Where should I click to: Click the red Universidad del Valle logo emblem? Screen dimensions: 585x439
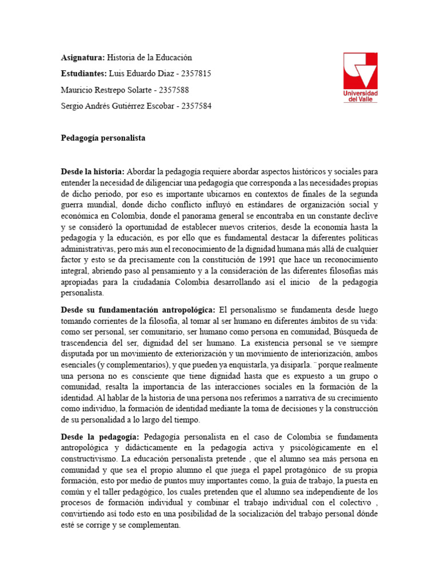coord(360,70)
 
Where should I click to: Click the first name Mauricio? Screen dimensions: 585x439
coord(78,90)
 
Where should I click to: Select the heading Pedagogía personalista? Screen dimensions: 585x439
coord(103,138)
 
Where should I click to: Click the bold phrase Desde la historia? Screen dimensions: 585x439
coord(93,171)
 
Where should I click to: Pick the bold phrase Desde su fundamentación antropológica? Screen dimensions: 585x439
coord(138,309)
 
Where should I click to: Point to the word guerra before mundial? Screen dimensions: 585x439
coord(73,204)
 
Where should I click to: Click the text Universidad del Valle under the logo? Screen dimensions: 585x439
coord(360,95)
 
